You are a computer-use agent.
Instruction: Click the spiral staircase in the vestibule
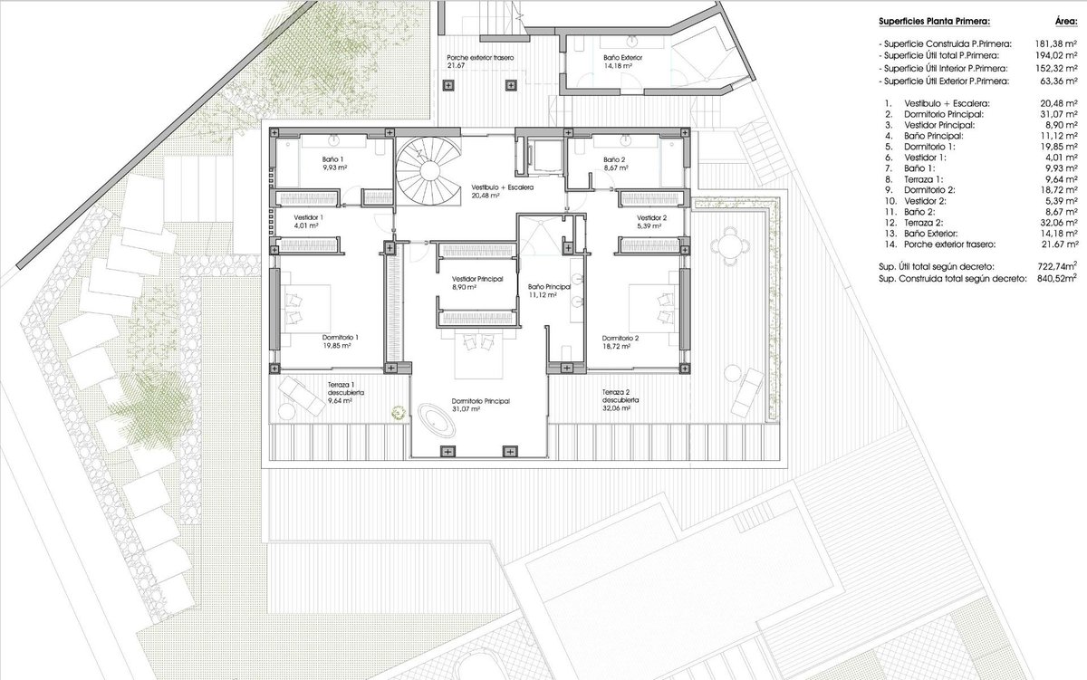428,171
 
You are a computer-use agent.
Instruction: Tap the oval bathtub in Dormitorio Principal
437,420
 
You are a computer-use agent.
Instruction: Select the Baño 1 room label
334,164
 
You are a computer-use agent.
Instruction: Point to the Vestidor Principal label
477,283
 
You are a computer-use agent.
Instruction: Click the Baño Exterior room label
622,62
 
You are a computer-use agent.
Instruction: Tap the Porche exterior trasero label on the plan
480,62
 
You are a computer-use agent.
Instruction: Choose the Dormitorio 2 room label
620,342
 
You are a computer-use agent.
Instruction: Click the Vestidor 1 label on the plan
308,221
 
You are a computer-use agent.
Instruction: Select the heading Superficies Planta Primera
934,22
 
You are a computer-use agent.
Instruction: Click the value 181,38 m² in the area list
1056,44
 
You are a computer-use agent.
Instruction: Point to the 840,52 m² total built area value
1056,278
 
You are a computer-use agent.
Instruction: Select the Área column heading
1066,22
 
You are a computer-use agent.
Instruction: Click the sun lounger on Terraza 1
301,396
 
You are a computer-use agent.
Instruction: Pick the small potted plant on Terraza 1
399,413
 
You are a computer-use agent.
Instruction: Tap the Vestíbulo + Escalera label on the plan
502,191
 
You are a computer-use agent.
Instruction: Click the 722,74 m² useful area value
1056,266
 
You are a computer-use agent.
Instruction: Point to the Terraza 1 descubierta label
345,392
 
